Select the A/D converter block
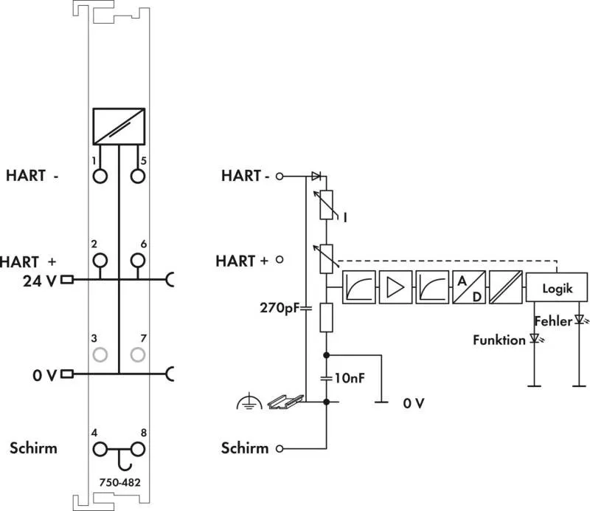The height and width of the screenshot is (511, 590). tap(469, 287)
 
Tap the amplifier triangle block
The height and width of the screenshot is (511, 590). tap(395, 287)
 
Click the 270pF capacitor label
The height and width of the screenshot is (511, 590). tap(280, 308)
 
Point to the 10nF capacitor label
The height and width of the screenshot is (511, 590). tap(350, 377)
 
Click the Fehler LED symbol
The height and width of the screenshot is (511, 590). tap(580, 320)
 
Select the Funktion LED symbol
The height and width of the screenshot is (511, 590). tap(535, 339)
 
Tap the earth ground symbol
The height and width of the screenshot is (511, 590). tap(249, 402)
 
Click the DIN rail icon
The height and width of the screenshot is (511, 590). tap(285, 402)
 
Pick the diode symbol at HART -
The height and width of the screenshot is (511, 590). tap(316, 176)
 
